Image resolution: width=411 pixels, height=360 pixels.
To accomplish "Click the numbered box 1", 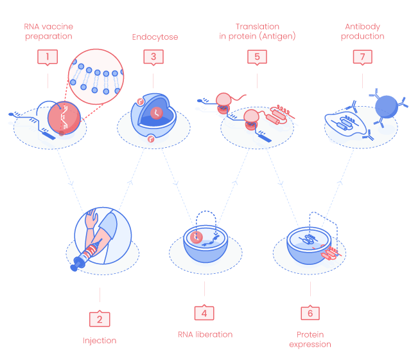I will click(x=47, y=57).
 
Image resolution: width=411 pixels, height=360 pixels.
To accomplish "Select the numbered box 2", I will click(x=100, y=318).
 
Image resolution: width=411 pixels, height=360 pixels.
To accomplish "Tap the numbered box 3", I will click(x=153, y=57).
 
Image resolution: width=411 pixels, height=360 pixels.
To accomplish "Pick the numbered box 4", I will click(x=204, y=313).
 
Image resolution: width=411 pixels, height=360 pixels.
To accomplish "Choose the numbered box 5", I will click(x=257, y=57).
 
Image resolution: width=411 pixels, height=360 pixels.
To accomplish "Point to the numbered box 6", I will click(x=310, y=313).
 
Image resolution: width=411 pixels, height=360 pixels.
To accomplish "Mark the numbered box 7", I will click(x=363, y=57).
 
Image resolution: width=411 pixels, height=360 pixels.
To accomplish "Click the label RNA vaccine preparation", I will click(x=49, y=32).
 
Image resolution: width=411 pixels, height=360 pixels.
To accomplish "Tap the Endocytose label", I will click(x=155, y=37).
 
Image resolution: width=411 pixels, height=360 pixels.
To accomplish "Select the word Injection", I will click(x=100, y=340).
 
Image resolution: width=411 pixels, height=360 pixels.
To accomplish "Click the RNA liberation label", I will click(x=205, y=334).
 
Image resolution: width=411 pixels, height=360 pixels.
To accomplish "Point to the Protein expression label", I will click(x=310, y=339).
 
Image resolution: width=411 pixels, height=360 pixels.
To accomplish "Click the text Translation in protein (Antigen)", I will click(x=257, y=32).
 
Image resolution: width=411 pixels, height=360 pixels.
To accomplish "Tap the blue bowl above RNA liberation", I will click(x=204, y=245).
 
